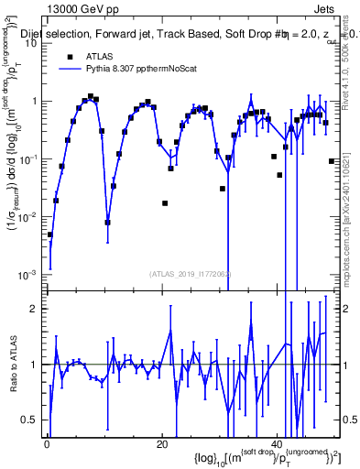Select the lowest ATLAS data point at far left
pos(50,234)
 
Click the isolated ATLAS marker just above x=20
pos(165,202)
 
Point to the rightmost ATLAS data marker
pos(332,161)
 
